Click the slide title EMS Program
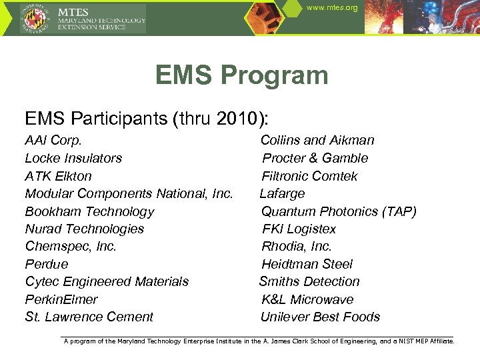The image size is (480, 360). click(241, 75)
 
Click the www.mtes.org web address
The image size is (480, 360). click(332, 8)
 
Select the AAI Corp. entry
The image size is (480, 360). click(53, 141)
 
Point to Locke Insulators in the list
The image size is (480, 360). click(73, 159)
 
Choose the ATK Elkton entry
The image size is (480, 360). click(58, 176)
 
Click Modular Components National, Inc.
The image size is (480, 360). click(129, 194)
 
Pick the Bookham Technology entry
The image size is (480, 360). click(89, 211)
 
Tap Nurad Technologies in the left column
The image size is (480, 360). click(84, 229)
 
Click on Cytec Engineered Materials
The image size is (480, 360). click(107, 282)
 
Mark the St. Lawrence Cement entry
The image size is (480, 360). click(89, 317)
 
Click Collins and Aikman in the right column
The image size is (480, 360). click(317, 141)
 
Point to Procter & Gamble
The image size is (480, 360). click(315, 159)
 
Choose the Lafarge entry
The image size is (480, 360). click(282, 194)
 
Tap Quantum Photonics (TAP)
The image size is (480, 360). click(339, 211)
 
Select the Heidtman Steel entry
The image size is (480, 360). click(307, 264)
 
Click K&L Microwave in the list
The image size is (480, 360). click(307, 299)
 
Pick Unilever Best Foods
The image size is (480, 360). click(320, 317)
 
